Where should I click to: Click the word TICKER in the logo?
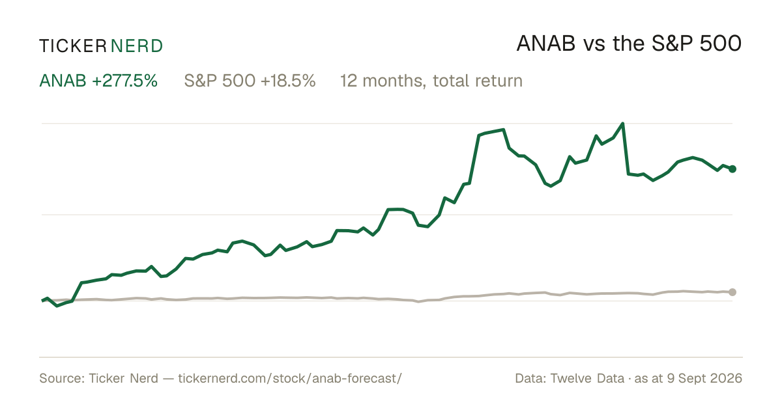(73, 46)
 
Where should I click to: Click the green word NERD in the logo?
(137, 46)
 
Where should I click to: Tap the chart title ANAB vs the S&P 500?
(629, 44)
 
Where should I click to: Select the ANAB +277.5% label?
(98, 81)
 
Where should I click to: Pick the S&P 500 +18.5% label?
(250, 81)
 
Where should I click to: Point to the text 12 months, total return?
(431, 81)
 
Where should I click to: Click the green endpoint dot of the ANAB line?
(732, 169)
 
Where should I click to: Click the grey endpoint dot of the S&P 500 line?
(732, 292)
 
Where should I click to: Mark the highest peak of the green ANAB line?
(622, 124)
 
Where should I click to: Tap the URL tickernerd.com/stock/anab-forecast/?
(290, 378)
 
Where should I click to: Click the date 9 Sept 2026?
(705, 378)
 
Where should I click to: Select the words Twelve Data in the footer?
(588, 378)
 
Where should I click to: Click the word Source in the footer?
(60, 378)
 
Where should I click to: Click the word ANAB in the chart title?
(546, 44)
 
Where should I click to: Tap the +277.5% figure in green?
(125, 81)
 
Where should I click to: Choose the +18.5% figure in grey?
(288, 81)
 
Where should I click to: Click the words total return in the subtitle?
(478, 81)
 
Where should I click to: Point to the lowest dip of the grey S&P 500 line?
(418, 301)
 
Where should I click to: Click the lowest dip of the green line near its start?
(57, 306)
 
